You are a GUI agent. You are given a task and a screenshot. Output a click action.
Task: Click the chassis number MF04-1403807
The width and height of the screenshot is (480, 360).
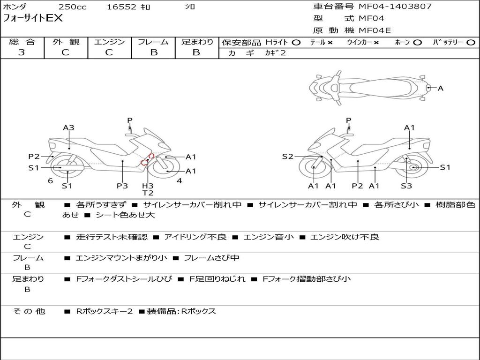pos(395,7)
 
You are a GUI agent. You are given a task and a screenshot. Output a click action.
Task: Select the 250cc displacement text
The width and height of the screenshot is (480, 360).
pos(72,7)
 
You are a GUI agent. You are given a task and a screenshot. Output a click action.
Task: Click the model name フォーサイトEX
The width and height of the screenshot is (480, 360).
pos(33,19)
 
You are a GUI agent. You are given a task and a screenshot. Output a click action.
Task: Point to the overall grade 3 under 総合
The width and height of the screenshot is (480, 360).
pos(22,52)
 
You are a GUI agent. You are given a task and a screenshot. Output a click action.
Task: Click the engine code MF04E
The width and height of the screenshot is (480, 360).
pos(375,30)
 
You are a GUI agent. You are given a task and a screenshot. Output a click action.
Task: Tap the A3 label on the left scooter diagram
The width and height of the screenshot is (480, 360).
pos(69,127)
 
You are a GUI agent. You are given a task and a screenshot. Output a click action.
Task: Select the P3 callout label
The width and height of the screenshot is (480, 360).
pos(122,186)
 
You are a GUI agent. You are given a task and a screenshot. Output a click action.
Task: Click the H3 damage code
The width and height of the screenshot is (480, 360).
pos(148,186)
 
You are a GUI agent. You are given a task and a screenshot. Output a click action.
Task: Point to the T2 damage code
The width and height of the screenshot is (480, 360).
pos(148,193)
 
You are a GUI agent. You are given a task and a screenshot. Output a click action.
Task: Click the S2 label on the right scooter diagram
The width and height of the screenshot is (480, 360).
pos(287,157)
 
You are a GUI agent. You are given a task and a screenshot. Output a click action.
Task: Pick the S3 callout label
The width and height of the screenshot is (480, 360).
pos(406,186)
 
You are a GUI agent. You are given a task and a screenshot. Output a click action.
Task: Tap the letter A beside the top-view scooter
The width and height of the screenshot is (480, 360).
pos(440,88)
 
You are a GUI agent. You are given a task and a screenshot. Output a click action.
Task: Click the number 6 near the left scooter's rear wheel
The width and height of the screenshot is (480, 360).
pos(50,180)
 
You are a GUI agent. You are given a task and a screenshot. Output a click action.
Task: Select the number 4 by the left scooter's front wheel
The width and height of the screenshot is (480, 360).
pos(179,180)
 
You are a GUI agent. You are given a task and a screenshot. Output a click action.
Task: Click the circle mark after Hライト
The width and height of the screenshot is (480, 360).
pos(296,42)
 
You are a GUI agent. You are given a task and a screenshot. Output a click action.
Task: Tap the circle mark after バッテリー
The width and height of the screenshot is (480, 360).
pos(471,42)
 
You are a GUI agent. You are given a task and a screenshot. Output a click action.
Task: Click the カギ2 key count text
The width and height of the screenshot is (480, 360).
pos(275,53)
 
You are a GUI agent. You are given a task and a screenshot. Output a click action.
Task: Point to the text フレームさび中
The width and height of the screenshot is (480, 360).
pos(211,258)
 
